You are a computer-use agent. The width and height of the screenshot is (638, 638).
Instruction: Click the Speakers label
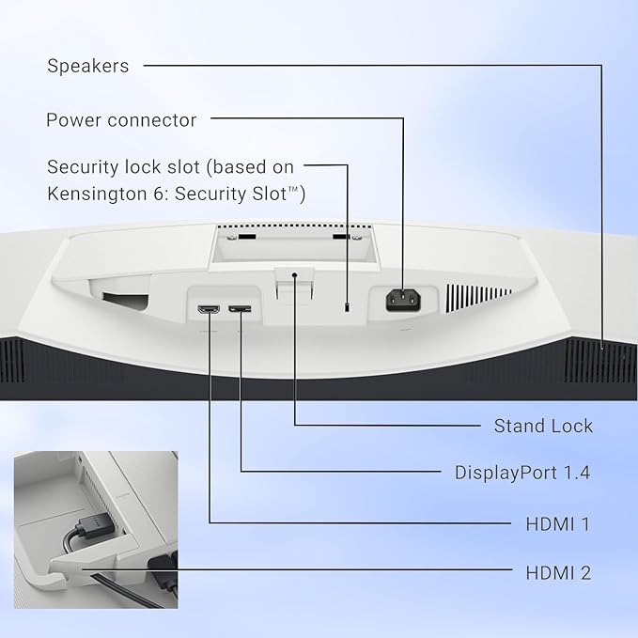88,66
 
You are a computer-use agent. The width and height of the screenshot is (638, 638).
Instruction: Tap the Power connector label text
121,120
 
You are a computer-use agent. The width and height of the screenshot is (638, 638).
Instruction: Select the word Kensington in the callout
97,194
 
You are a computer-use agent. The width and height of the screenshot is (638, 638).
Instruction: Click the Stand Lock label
543,426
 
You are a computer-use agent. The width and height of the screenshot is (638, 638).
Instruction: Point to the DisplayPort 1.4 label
522,473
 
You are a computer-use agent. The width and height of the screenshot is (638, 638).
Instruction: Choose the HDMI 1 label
558,524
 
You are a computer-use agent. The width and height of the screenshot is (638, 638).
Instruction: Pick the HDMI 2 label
558,573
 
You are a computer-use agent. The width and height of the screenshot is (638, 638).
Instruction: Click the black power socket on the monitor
403,300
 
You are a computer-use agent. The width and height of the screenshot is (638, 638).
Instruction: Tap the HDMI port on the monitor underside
209,309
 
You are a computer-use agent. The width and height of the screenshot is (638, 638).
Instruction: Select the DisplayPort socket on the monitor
240,309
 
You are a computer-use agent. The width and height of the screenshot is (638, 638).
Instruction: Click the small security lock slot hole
347,307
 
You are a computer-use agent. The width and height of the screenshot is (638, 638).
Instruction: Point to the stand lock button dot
295,275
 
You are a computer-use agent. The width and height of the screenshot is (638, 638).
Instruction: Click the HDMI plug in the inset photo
93,525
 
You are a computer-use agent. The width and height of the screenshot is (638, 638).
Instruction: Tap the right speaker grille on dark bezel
600,362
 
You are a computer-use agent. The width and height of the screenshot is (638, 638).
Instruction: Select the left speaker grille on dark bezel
12,361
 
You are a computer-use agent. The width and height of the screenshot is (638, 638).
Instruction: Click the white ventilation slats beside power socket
478,298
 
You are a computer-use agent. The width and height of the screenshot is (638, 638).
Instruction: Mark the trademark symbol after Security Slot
294,188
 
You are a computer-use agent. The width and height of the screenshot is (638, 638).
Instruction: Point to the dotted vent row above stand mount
294,226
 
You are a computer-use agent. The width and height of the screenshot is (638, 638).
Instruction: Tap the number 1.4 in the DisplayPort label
577,473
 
